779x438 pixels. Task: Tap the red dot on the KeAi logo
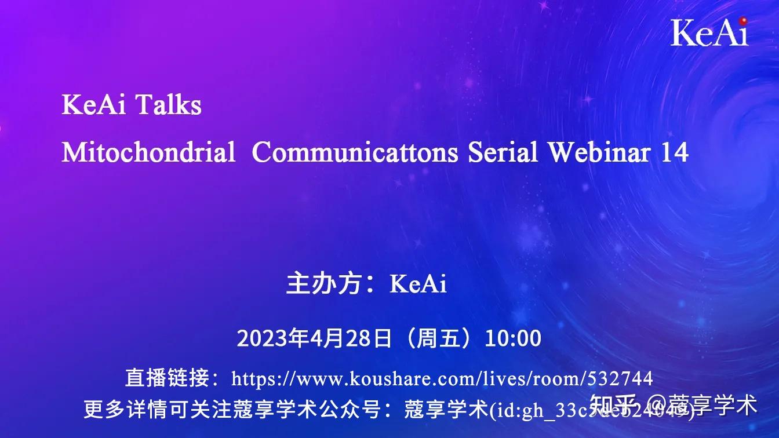tap(743, 20)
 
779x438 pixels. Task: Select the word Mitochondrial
tap(148, 152)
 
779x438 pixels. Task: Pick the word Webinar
tap(599, 152)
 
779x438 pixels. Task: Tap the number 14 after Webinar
tap(675, 152)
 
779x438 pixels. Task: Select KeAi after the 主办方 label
tap(418, 284)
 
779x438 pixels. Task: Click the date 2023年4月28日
tap(314, 338)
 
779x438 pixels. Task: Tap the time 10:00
tap(513, 338)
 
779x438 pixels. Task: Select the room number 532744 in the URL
tap(620, 379)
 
